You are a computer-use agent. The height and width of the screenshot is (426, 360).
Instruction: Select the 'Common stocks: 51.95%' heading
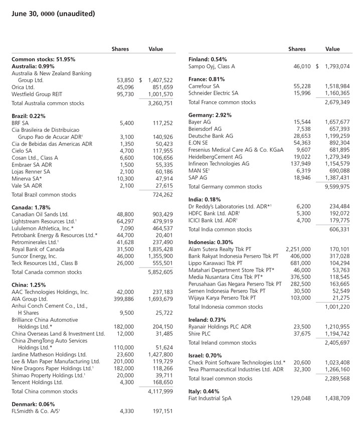pyautogui.click(x=43, y=59)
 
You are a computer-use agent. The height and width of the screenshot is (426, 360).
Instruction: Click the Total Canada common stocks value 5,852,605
pyautogui.click(x=160, y=272)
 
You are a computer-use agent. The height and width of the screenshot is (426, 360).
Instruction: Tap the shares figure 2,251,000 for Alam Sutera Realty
pyautogui.click(x=298, y=249)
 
